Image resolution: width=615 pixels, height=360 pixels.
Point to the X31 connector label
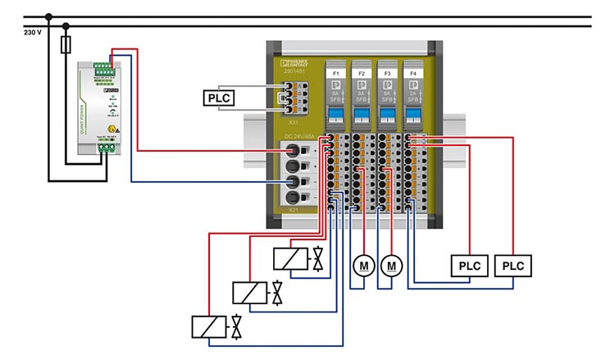click(293, 121)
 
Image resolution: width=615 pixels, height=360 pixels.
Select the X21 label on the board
click(293, 211)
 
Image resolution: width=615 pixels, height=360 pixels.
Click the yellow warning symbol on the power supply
click(113, 130)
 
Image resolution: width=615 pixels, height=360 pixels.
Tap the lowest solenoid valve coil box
click(209, 326)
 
